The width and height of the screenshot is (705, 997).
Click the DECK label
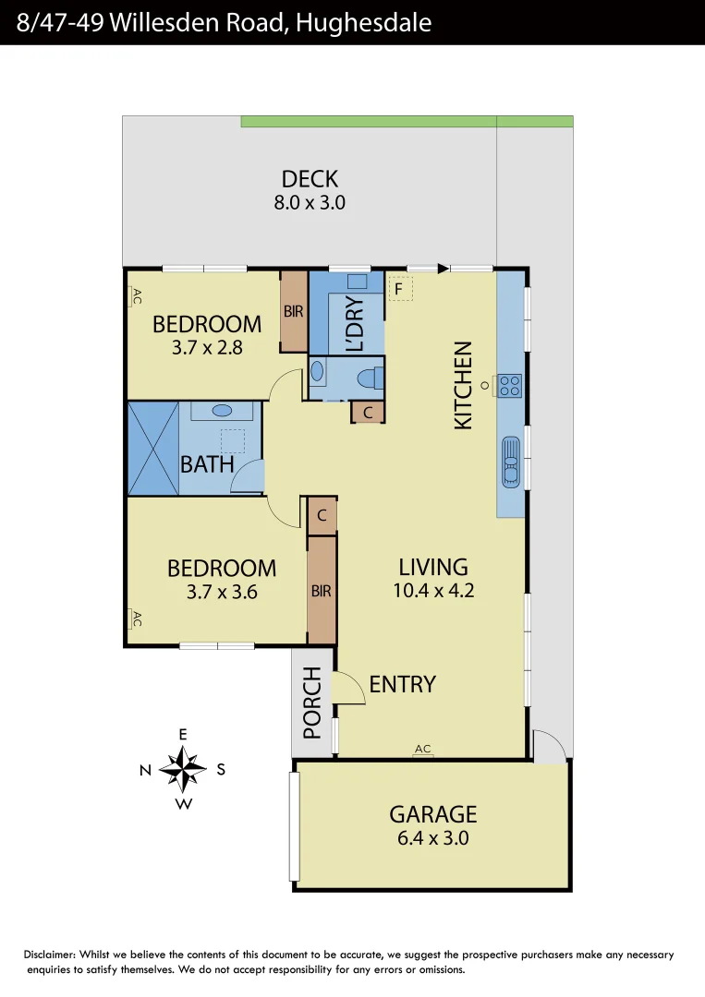coord(310,178)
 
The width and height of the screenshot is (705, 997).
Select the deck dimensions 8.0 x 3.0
coord(310,203)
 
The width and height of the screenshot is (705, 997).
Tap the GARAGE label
coord(432,814)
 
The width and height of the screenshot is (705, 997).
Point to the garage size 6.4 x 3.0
coord(432,838)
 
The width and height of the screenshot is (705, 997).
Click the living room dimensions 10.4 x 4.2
coord(432,591)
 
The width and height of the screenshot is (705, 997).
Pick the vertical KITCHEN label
coord(463,385)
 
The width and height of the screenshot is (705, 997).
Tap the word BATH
coord(207,463)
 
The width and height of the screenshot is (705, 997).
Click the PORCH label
coord(312,703)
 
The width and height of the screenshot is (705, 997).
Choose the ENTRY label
coord(402,684)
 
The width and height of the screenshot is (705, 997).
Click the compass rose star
coord(183,769)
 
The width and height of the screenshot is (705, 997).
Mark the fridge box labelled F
coord(399,289)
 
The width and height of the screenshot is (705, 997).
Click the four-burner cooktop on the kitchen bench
coord(510,385)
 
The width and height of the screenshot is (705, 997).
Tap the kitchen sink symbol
coord(510,461)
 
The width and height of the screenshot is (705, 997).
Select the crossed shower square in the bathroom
coord(152,449)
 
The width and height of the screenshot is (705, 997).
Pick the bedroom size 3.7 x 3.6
coord(222,592)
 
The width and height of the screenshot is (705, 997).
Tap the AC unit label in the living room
coord(423,749)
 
